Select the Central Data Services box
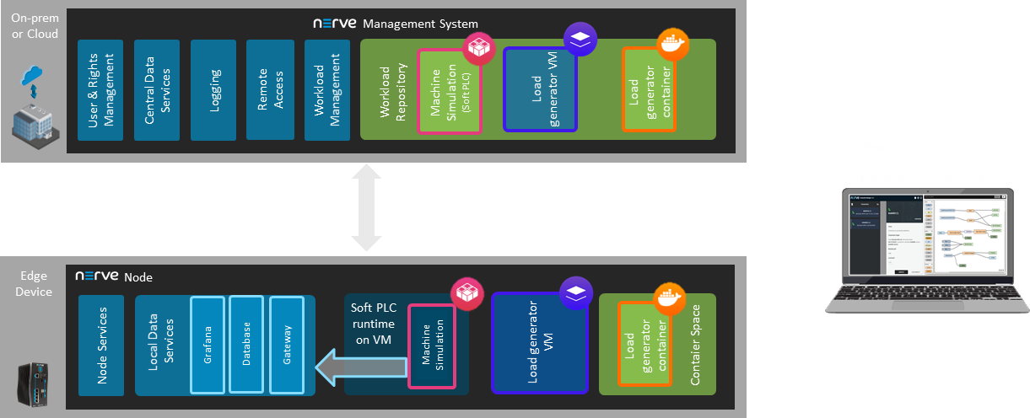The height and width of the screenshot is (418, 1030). [157, 90]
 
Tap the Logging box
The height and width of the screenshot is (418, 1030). [214, 90]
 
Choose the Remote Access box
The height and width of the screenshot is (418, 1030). [270, 90]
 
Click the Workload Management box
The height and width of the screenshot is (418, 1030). [326, 90]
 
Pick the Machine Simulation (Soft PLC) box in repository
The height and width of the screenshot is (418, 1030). [449, 91]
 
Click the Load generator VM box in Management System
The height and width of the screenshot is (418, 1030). [540, 91]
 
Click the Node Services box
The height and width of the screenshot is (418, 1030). [101, 346]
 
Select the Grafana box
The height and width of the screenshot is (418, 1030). [208, 346]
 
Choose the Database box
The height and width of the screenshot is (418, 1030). [246, 346]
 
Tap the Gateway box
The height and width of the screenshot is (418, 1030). [286, 346]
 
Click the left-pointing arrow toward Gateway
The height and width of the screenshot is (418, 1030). [359, 367]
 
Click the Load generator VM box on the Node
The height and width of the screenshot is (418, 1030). [540, 344]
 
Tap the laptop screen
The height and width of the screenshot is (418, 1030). [926, 236]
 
